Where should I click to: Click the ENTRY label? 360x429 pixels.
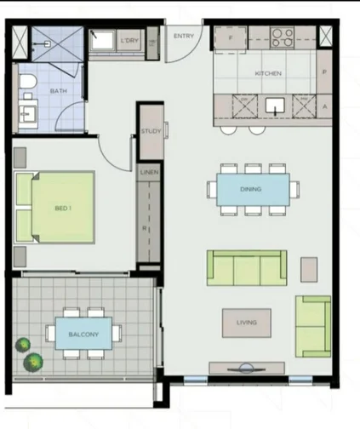[x=183, y=36]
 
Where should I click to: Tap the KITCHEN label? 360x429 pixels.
[x=267, y=74]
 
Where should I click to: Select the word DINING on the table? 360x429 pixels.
[x=250, y=189]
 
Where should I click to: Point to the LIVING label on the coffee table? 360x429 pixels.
[x=247, y=323]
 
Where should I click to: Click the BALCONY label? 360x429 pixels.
[x=83, y=334]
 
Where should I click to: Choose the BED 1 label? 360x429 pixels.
[x=63, y=208]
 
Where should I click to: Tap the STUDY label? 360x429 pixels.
[x=151, y=131]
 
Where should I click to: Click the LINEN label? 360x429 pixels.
[x=147, y=173]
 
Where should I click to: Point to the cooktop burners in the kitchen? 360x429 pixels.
[x=282, y=37]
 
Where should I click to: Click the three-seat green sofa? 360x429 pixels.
[x=247, y=268]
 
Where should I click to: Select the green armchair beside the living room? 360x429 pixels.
[x=312, y=325]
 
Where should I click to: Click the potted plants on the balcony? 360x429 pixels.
[x=27, y=353]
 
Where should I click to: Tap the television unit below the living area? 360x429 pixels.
[x=248, y=369]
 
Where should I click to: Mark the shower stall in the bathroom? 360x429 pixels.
[x=52, y=41]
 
